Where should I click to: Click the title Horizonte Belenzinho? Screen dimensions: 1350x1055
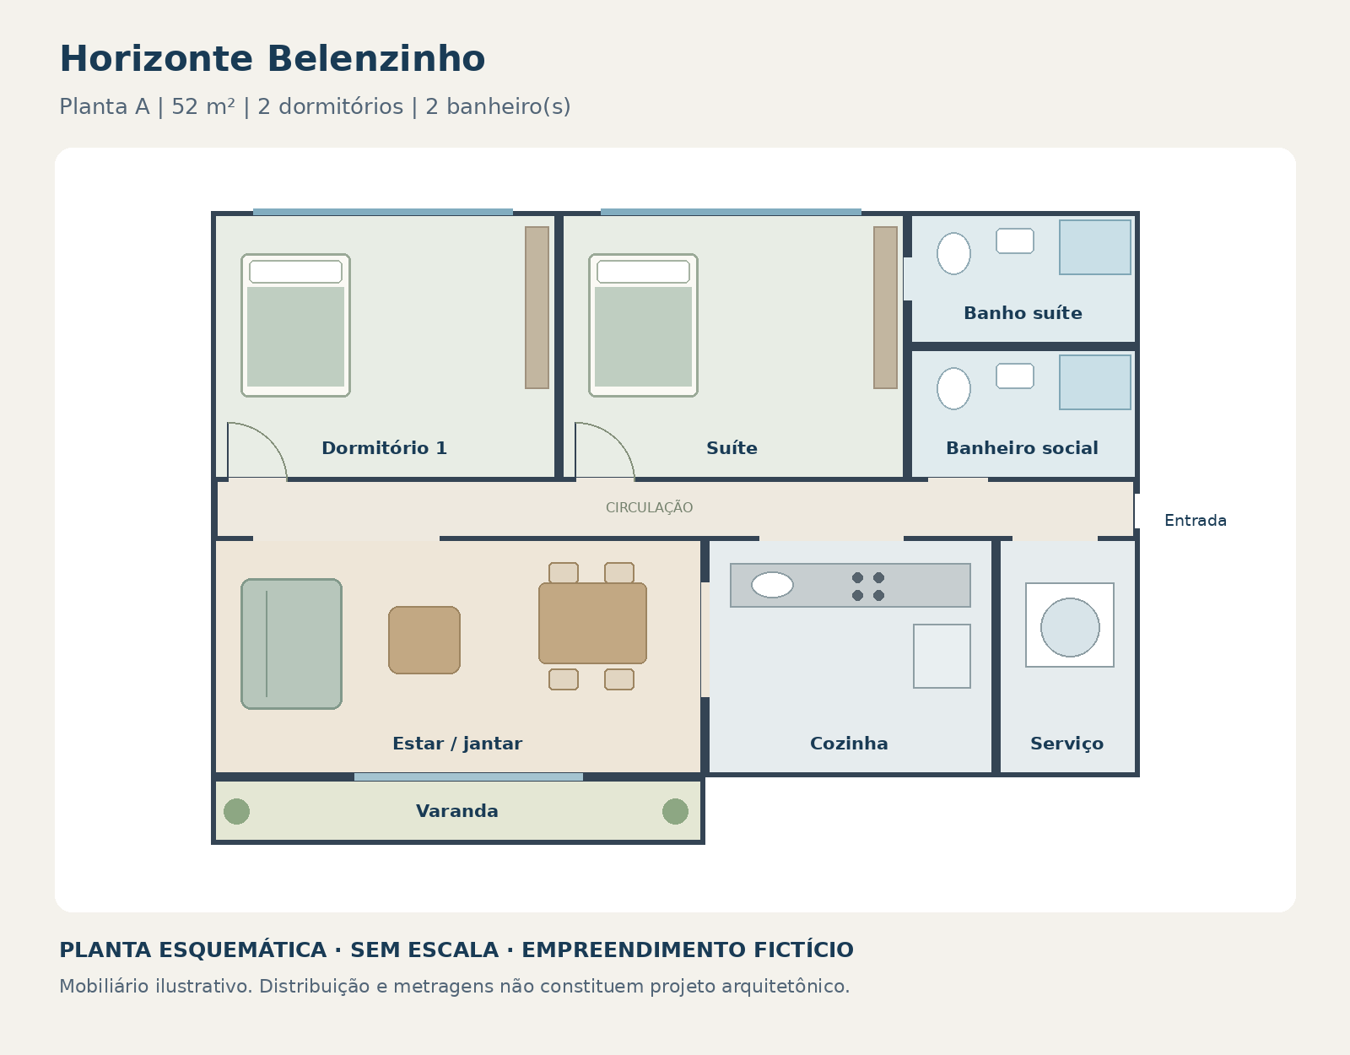click(273, 59)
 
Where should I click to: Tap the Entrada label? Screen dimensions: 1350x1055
click(1196, 521)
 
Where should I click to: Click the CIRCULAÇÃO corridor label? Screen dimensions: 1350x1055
click(649, 507)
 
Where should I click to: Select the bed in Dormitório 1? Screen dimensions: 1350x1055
click(295, 325)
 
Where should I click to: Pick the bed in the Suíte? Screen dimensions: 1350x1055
click(643, 325)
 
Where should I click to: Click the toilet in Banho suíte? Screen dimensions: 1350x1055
click(953, 253)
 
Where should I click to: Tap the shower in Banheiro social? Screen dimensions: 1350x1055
click(1094, 382)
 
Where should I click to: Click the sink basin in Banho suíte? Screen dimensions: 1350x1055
click(1015, 241)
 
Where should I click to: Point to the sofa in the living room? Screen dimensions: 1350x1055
click(291, 644)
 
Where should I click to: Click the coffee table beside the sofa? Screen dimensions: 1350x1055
click(424, 640)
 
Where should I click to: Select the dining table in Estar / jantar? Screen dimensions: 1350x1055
click(592, 623)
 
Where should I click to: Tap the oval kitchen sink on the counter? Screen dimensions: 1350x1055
click(772, 585)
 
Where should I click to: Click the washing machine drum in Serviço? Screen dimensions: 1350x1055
click(1070, 628)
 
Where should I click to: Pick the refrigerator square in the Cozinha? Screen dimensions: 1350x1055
click(942, 656)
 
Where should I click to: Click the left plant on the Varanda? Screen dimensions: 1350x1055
click(237, 811)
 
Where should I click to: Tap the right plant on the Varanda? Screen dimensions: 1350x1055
click(675, 811)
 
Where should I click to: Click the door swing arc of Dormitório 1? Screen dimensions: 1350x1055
click(268, 438)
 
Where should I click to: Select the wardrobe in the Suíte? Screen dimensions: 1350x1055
click(885, 307)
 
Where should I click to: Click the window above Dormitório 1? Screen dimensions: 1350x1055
click(383, 213)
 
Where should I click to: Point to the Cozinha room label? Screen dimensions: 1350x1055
click(849, 744)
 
